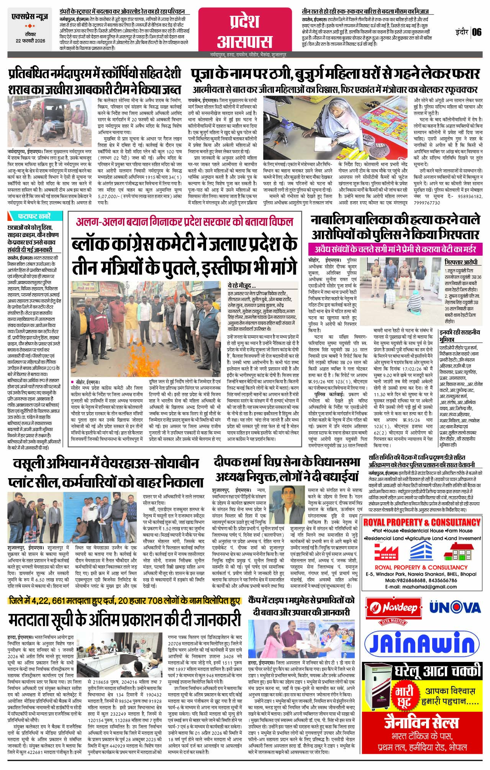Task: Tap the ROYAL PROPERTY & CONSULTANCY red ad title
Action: pyautogui.click(x=421, y=522)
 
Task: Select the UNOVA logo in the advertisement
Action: pyautogui.click(x=454, y=608)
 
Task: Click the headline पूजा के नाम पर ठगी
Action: pyautogui.click(x=336, y=73)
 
